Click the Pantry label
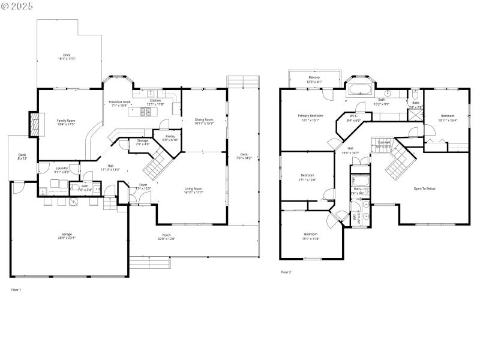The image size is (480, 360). click(x=169, y=137)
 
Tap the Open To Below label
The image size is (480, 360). click(x=424, y=188)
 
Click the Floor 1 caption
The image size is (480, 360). click(x=16, y=290)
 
